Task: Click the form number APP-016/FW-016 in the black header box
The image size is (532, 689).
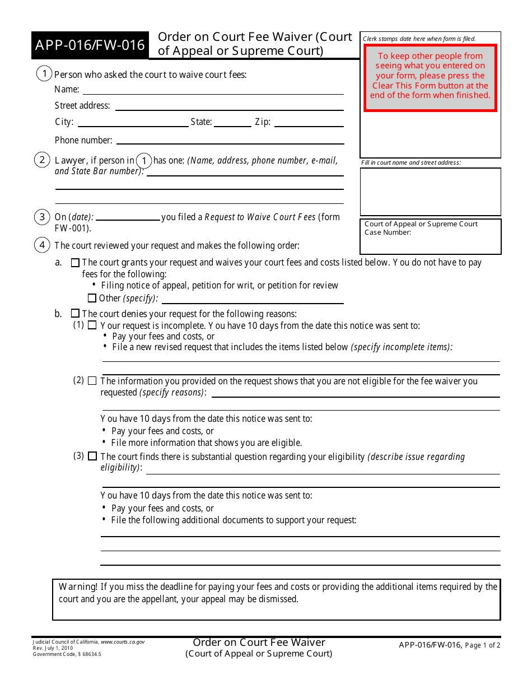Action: (90, 45)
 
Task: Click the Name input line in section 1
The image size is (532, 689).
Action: (213, 90)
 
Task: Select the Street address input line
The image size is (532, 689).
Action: (229, 105)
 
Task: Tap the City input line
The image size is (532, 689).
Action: (133, 122)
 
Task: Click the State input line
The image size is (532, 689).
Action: (232, 122)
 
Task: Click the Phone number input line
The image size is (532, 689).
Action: (230, 140)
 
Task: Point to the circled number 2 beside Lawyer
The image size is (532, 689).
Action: (42, 160)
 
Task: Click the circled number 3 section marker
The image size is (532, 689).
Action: (42, 217)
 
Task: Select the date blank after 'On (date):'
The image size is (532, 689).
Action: (128, 217)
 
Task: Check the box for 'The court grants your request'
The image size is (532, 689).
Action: (75, 263)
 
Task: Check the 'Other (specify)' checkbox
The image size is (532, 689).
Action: (92, 299)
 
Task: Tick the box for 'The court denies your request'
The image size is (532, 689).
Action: (75, 314)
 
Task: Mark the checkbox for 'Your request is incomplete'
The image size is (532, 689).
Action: (92, 325)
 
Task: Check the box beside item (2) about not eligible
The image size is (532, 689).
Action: (92, 381)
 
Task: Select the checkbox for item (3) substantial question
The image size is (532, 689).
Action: (92, 457)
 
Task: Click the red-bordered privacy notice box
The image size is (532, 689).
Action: (430, 78)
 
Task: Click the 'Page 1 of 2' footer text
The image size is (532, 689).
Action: (483, 645)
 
